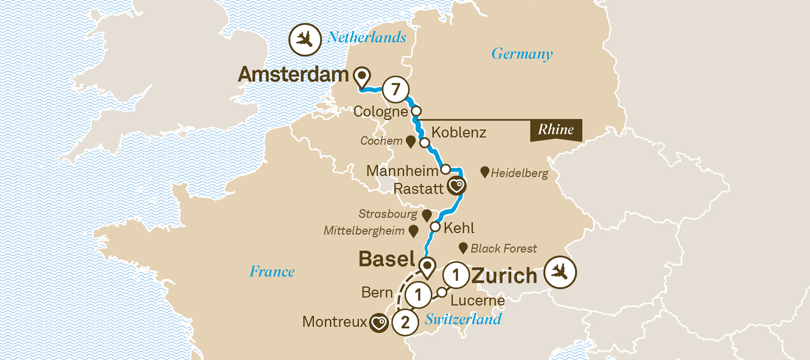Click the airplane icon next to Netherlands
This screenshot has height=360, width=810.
tap(305, 40)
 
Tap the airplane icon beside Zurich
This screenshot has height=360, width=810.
tap(560, 272)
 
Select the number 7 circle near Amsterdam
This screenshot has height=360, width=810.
tap(396, 89)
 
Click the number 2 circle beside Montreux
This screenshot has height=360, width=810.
tap(405, 322)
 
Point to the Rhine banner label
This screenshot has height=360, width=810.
tap(556, 130)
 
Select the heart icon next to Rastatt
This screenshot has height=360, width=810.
tap(457, 186)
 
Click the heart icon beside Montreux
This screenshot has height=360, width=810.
tap(379, 323)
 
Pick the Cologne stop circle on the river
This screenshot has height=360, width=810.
tap(416, 111)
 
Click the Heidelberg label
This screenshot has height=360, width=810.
tap(519, 173)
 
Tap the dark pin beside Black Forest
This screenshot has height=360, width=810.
tap(463, 248)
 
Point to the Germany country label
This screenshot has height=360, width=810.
tap(522, 53)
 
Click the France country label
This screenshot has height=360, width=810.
tap(272, 271)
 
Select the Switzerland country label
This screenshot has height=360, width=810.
tap(463, 319)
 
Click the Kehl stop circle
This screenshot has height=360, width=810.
tap(435, 227)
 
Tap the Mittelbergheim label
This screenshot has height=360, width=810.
tap(364, 231)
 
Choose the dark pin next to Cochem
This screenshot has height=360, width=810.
tap(411, 141)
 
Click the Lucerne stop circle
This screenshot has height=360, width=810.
tap(442, 292)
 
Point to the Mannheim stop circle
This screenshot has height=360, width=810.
tap(446, 169)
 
